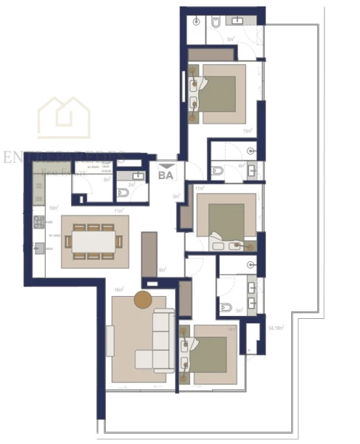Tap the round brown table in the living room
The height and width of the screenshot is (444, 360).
point(143,300)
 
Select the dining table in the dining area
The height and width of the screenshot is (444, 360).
point(94,242)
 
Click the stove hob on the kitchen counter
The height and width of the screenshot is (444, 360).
point(38,221)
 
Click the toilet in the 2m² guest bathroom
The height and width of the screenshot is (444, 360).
point(123,194)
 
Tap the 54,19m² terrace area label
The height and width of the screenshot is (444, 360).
point(278,326)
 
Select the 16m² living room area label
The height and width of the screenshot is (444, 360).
point(118,289)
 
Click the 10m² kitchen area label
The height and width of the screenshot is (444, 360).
point(53,209)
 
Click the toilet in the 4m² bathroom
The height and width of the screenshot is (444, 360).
point(217,171)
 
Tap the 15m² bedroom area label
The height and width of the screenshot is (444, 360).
point(248,131)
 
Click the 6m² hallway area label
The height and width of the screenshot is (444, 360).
point(163,270)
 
